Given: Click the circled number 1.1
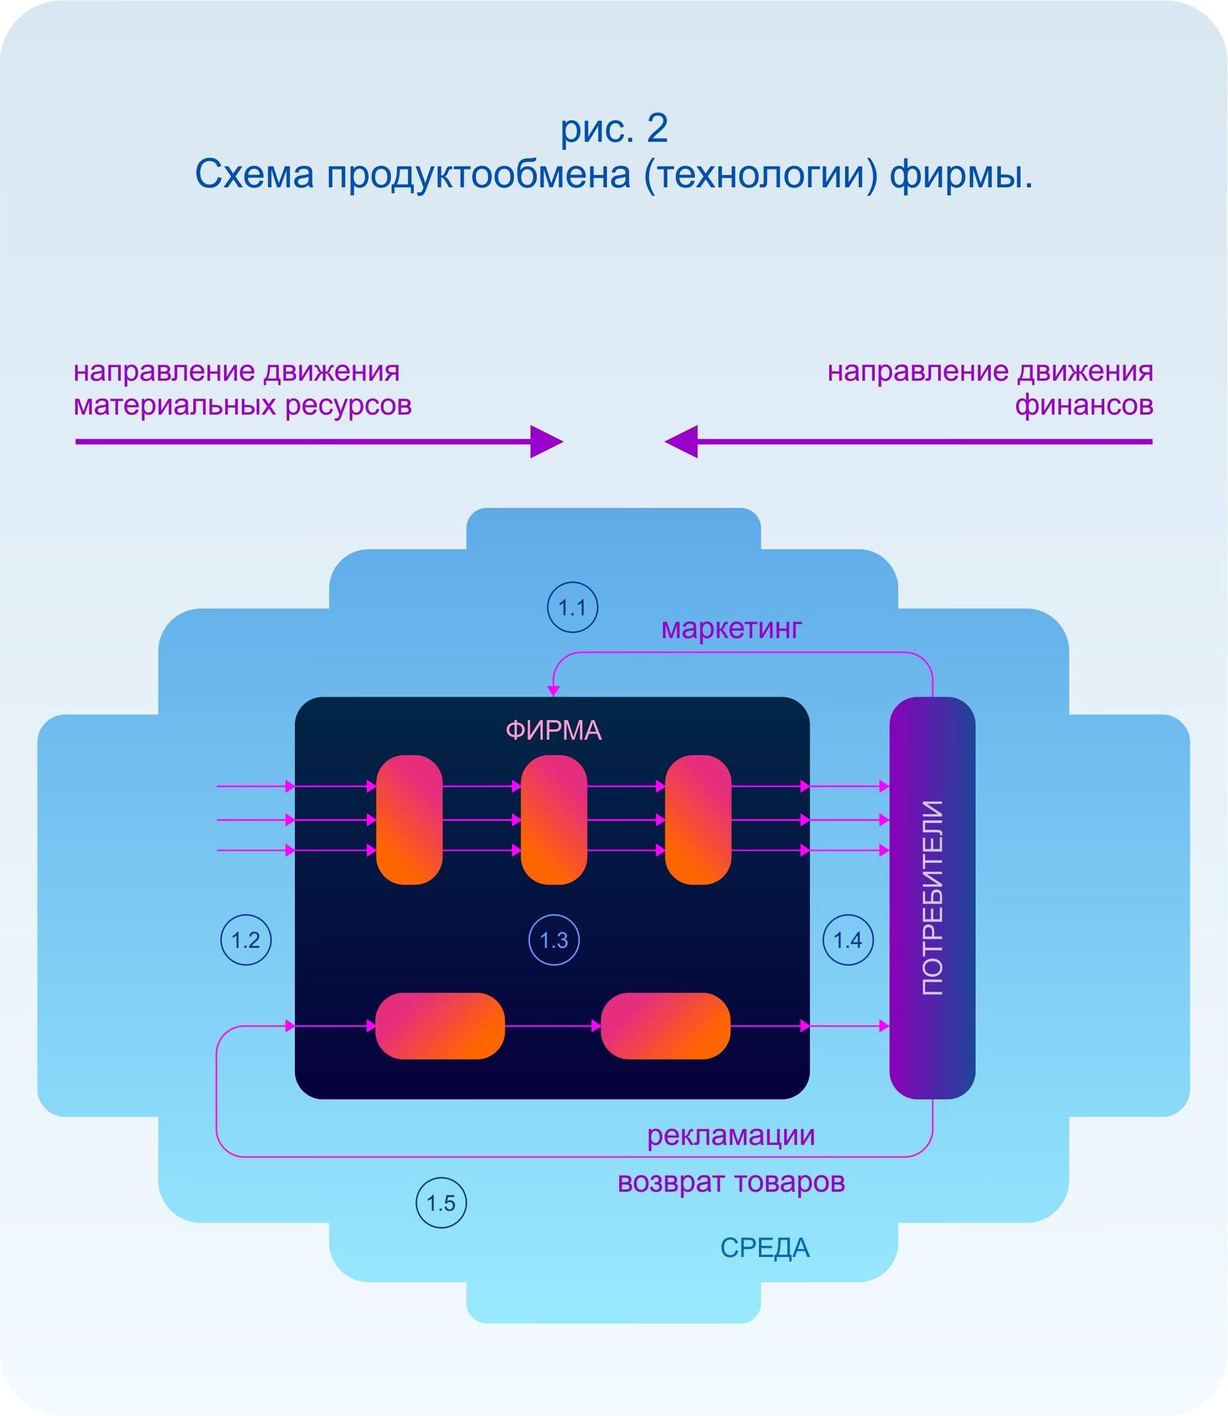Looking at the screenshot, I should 572,607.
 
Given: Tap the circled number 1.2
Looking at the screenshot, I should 246,940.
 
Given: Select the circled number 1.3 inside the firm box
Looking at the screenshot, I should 554,940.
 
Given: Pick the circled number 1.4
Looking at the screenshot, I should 847,940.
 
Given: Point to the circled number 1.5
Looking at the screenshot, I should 441,1202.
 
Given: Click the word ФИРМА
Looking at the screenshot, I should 554,731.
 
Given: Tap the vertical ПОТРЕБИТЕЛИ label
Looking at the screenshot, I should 932,898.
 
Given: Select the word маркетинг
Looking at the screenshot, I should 731,628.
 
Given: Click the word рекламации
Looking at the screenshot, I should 730,1135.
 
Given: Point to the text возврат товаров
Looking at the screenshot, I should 731,1182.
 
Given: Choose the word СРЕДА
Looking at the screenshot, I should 765,1248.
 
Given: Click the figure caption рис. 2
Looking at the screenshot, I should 614,128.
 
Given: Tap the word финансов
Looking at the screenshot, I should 1083,405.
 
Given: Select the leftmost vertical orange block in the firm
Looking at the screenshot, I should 409,820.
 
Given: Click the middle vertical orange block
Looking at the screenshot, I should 554,820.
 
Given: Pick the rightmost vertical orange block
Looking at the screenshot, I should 698,820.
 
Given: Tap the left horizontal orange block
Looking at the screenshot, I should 440,1026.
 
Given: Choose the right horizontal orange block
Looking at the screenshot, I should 665,1026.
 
